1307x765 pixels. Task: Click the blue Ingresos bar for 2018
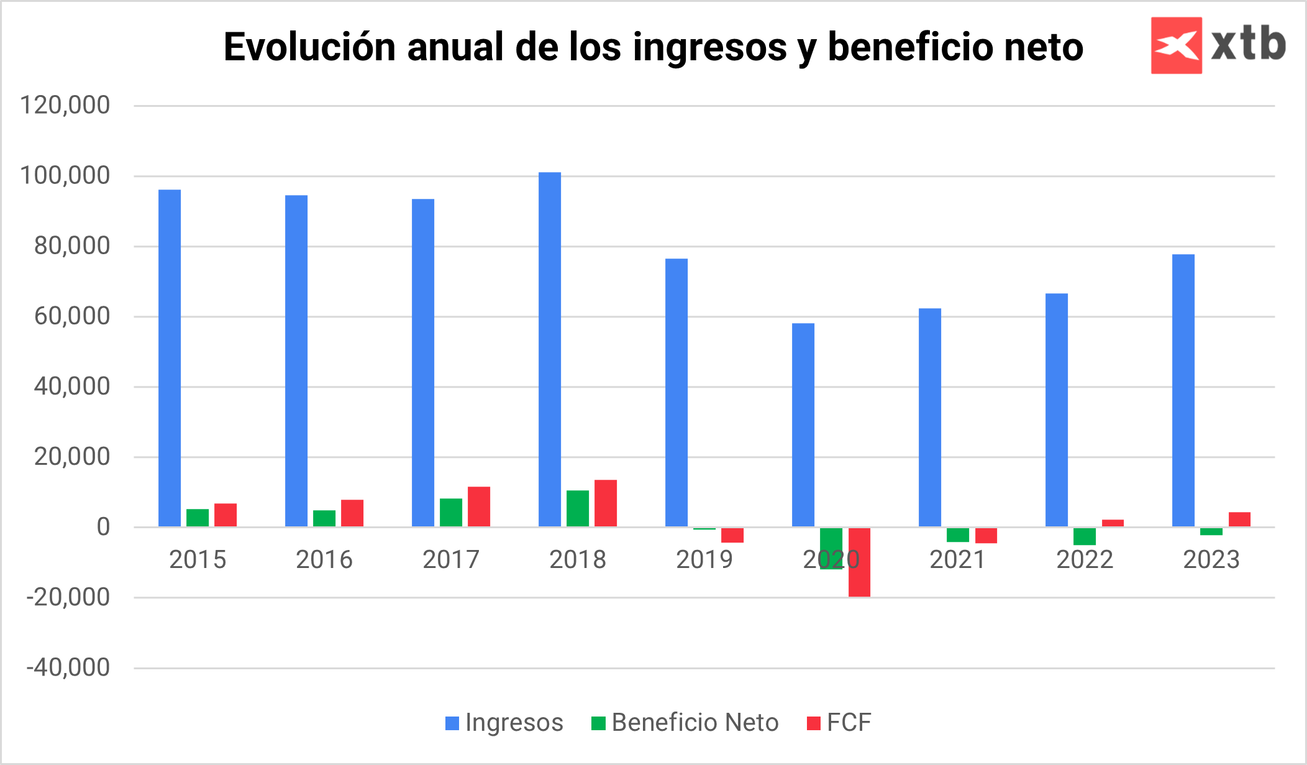click(x=549, y=349)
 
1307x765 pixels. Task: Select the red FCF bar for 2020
click(x=859, y=562)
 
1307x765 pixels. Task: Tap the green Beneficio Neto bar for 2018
click(x=577, y=508)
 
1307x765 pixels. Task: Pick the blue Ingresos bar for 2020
click(x=803, y=425)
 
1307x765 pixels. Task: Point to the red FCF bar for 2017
click(x=478, y=506)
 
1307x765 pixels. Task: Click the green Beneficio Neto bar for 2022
click(x=1084, y=536)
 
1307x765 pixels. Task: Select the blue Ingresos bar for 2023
click(x=1183, y=390)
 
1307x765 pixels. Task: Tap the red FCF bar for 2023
click(x=1239, y=520)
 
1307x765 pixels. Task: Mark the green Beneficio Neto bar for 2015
click(x=198, y=518)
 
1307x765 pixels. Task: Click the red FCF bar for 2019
click(x=732, y=535)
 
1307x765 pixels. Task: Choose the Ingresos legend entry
click(x=504, y=723)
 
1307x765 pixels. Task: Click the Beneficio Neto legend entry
click(x=685, y=723)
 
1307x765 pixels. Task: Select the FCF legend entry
click(x=839, y=723)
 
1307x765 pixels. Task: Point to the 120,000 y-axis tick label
click(x=65, y=105)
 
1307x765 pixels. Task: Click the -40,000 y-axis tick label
click(x=68, y=668)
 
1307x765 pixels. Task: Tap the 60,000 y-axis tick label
click(x=72, y=316)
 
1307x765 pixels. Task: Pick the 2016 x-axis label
click(x=324, y=560)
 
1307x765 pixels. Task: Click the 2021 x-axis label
click(x=957, y=560)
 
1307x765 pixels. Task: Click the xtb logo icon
click(x=1176, y=45)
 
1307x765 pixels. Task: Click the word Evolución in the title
click(x=309, y=47)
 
